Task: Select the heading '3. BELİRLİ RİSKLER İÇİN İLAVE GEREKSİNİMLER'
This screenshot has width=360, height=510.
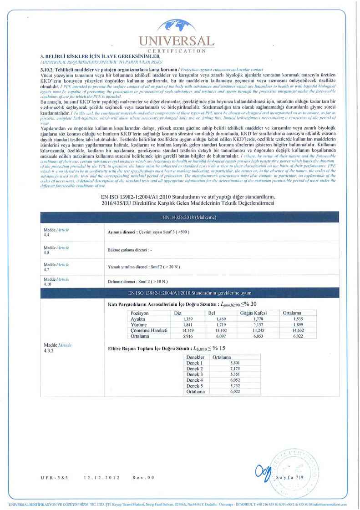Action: (100, 56)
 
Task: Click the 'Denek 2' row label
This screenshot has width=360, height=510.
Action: (195, 369)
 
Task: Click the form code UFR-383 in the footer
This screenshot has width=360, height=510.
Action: (54, 478)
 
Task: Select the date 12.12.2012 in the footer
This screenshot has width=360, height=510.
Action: (101, 478)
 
